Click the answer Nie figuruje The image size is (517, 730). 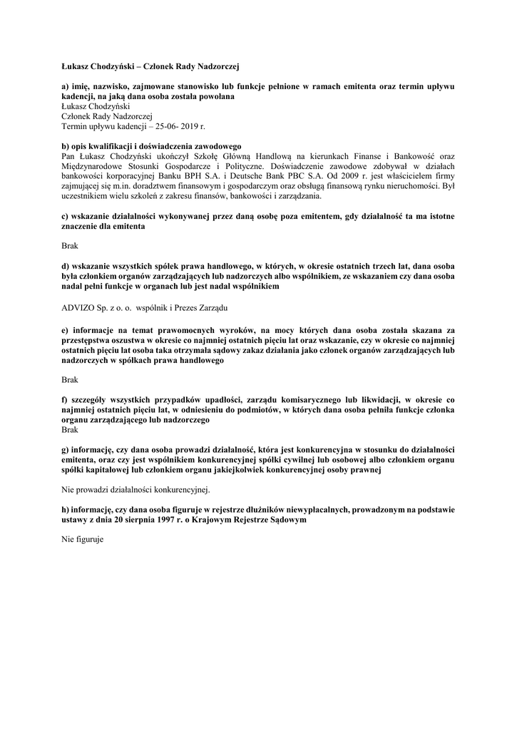[x=83, y=540]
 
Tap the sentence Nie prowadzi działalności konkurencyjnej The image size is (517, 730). [x=135, y=490]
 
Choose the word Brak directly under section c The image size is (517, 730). [x=70, y=245]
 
